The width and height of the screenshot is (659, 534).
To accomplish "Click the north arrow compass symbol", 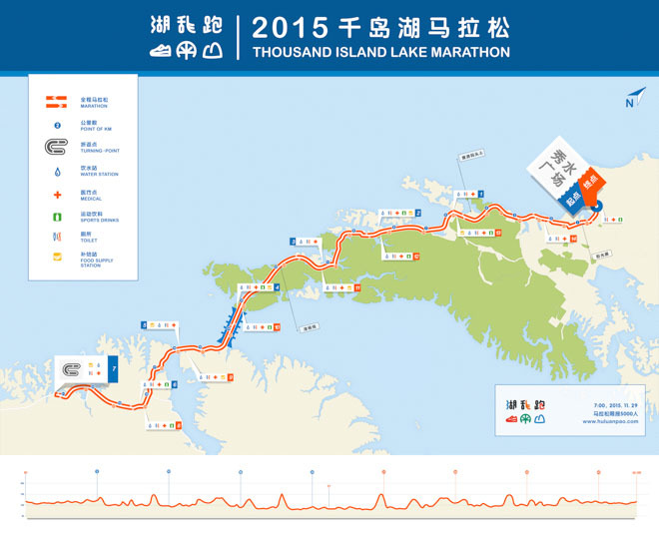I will [633, 97].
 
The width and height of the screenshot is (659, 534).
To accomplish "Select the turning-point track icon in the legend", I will [57, 149].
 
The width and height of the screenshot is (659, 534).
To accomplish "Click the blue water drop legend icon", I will [57, 172].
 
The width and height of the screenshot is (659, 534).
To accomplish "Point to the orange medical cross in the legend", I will [57, 194].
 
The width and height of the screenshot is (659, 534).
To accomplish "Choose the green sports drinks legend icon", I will [57, 216].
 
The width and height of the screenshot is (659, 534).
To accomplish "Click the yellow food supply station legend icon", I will [57, 260].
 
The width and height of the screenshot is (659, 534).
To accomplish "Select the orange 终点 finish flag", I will [590, 185].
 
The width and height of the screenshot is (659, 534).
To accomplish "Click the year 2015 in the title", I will [290, 27].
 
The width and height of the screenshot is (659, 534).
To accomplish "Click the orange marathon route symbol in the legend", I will [57, 102].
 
